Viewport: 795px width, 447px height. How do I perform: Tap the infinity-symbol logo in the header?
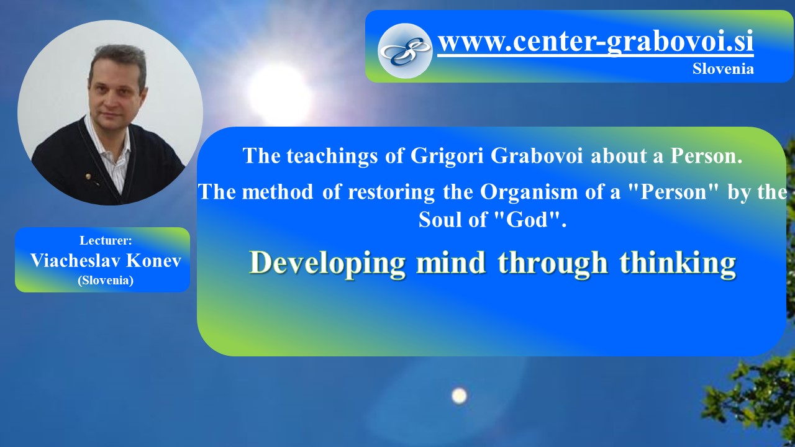[x=405, y=51]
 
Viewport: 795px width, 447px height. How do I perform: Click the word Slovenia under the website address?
[x=723, y=68]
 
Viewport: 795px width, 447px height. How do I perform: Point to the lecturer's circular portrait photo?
[x=111, y=112]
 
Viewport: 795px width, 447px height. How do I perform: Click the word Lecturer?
[x=106, y=240]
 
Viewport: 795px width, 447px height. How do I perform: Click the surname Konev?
[x=153, y=260]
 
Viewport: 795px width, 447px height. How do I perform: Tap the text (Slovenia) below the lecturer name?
[x=106, y=280]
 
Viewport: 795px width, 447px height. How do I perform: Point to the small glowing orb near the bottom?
[x=459, y=395]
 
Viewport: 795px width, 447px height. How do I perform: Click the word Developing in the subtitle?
[x=327, y=264]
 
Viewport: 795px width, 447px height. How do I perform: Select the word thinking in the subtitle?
[x=678, y=263]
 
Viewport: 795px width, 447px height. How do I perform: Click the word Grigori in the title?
[x=447, y=156]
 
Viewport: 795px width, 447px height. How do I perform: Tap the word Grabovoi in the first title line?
[x=537, y=155]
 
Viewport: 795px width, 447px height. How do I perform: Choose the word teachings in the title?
[x=332, y=156]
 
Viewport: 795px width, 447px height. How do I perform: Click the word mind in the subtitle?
[x=451, y=263]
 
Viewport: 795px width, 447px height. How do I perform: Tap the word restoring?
[x=391, y=192]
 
